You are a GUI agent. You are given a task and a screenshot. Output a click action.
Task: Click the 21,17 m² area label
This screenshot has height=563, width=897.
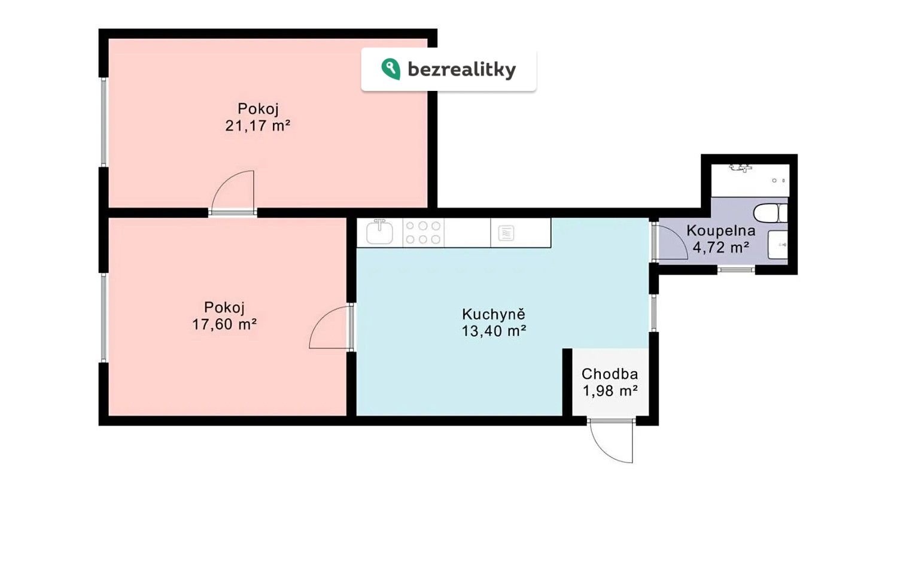pyautogui.click(x=257, y=126)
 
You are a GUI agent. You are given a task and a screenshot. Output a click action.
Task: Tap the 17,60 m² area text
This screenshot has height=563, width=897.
pyautogui.click(x=224, y=324)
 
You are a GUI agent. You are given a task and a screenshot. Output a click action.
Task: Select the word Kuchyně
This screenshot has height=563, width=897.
pyautogui.click(x=493, y=314)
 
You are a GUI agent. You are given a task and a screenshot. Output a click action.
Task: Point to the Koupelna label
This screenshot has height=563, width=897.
pyautogui.click(x=721, y=231)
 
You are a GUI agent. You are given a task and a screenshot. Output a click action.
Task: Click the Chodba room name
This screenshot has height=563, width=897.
pyautogui.click(x=610, y=373)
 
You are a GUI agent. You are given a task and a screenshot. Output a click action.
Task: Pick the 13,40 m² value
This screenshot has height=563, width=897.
pyautogui.click(x=494, y=331)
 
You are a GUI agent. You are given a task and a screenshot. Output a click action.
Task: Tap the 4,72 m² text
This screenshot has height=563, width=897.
pyautogui.click(x=721, y=248)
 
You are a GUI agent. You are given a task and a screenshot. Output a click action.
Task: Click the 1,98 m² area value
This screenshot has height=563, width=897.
pyautogui.click(x=610, y=391)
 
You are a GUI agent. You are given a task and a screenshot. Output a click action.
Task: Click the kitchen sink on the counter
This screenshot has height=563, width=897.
pyautogui.click(x=379, y=232)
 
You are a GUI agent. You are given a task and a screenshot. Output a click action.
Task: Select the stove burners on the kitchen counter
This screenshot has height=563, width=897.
pyautogui.click(x=423, y=232)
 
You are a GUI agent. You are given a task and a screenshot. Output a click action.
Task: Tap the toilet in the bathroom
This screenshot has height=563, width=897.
pyautogui.click(x=770, y=212)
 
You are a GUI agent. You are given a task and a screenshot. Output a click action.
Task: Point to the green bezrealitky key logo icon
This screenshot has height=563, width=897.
pyautogui.click(x=390, y=69)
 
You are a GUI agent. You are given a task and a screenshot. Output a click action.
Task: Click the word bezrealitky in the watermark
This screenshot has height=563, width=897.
pyautogui.click(x=462, y=69)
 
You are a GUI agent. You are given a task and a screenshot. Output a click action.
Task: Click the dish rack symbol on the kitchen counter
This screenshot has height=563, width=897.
pyautogui.click(x=506, y=233)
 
